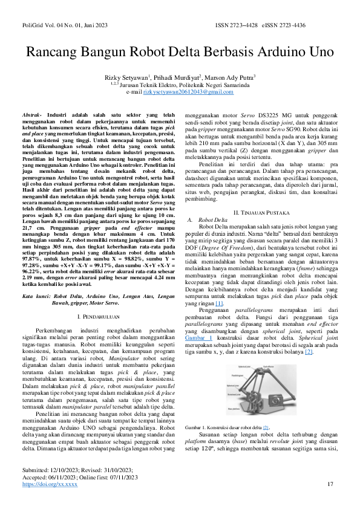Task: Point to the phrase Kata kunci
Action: coord(36,297)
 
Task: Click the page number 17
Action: coord(330,484)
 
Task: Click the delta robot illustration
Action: coord(261,390)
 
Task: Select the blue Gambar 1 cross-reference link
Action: coord(198,337)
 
